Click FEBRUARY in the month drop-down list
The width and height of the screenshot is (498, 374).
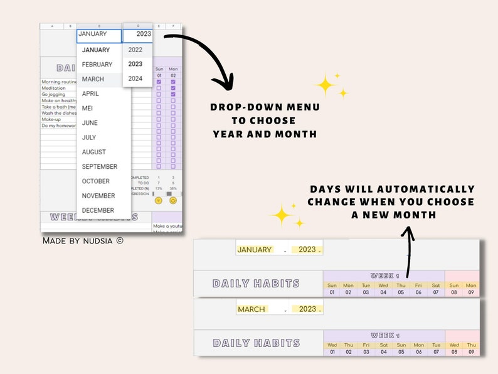pos(97,65)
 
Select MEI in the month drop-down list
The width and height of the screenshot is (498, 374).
pos(87,108)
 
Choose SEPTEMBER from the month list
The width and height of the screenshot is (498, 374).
pos(99,167)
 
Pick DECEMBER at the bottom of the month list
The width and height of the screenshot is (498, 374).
pos(98,210)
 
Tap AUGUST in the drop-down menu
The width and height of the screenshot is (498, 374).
pos(94,152)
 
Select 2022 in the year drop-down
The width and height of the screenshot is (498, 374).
pos(135,50)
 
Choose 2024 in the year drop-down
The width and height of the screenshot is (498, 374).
pos(135,78)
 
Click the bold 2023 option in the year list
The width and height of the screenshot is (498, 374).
pos(135,64)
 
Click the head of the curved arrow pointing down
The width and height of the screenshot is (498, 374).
pos(222,82)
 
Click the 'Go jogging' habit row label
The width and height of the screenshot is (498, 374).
pos(53,94)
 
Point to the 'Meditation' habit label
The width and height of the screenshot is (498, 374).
pos(53,88)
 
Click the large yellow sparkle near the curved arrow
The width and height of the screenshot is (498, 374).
pos(326,85)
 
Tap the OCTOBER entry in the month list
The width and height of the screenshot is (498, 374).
pos(95,181)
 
